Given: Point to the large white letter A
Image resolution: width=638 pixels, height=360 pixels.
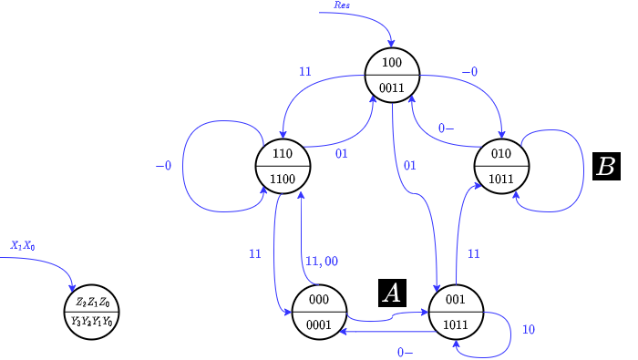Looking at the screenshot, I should tap(391, 293).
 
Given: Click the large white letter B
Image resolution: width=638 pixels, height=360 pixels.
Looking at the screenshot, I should tap(605, 167).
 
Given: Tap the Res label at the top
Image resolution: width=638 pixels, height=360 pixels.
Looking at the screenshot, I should tap(342, 5).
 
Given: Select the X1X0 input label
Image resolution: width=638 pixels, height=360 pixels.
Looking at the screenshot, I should tap(23, 246).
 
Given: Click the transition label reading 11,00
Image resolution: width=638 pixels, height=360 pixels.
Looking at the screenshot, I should tap(321, 262).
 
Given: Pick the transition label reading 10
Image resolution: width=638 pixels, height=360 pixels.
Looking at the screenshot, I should tap(528, 329).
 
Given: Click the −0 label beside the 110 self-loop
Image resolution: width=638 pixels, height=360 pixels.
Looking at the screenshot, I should tap(163, 166).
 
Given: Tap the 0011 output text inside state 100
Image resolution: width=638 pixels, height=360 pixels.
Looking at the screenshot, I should tap(392, 87).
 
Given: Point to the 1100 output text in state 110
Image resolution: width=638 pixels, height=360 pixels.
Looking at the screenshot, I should tap(283, 180).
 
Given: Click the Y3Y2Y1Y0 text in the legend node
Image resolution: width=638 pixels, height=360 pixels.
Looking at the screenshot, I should tap(92, 322).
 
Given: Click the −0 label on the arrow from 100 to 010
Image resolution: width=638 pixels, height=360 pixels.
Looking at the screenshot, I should tap(470, 71).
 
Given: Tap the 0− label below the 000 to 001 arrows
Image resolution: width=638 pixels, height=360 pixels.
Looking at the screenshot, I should tap(405, 353).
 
